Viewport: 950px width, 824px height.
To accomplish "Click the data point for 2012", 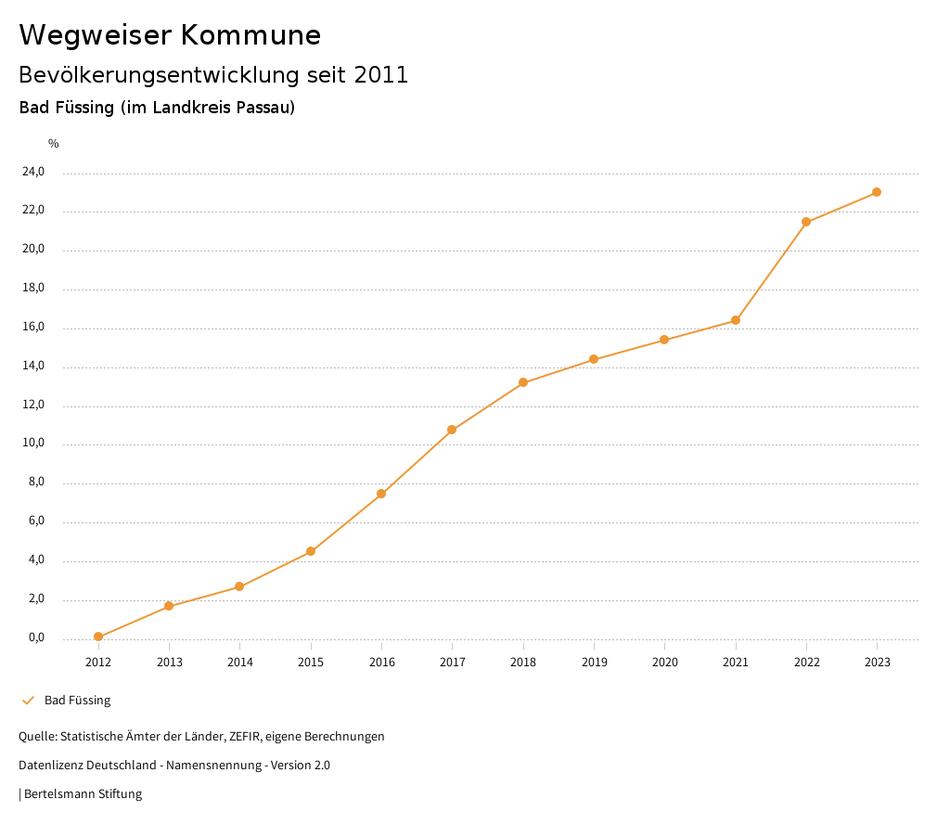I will (x=98, y=637).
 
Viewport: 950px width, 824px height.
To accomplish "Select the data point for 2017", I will (x=452, y=430).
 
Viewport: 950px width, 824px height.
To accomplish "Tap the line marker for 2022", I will (x=806, y=222).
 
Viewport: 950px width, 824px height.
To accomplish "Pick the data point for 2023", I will (x=877, y=192).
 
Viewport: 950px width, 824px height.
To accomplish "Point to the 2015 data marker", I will (x=311, y=551).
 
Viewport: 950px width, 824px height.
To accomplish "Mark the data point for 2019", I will (x=594, y=359).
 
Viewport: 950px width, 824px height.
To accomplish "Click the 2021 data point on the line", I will (x=736, y=320).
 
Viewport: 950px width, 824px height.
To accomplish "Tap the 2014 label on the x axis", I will (x=240, y=662).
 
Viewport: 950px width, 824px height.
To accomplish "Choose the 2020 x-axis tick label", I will (x=664, y=662).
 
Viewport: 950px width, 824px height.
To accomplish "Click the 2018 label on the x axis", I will (x=523, y=662).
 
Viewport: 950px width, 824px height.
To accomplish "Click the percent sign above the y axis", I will (x=54, y=144).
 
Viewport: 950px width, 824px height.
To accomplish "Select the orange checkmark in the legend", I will (x=28, y=701).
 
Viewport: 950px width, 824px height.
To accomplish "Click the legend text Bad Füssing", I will (x=77, y=701).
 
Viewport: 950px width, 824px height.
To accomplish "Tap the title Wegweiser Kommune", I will (x=170, y=35).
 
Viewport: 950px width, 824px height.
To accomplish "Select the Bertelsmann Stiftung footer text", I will (x=83, y=794).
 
